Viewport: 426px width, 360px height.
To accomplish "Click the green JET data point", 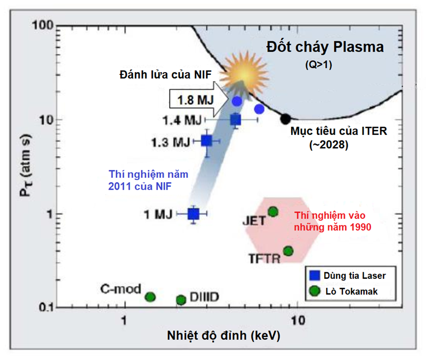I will (273, 212).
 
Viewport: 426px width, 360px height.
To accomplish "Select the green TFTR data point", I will (289, 251).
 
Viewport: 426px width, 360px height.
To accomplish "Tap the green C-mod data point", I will (150, 296).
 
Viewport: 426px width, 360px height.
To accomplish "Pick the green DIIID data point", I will (181, 299).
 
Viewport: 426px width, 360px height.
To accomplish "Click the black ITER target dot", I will (285, 118).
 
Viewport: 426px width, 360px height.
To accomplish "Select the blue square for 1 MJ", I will (194, 213).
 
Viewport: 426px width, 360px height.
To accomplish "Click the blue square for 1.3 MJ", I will (207, 141).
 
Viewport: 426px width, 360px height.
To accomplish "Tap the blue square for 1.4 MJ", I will (236, 120).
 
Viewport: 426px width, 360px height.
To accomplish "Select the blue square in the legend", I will (314, 276).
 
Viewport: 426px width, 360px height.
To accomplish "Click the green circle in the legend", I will (314, 291).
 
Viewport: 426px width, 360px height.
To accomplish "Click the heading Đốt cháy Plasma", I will (325, 47).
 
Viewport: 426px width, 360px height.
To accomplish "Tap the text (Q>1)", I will (317, 64).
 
